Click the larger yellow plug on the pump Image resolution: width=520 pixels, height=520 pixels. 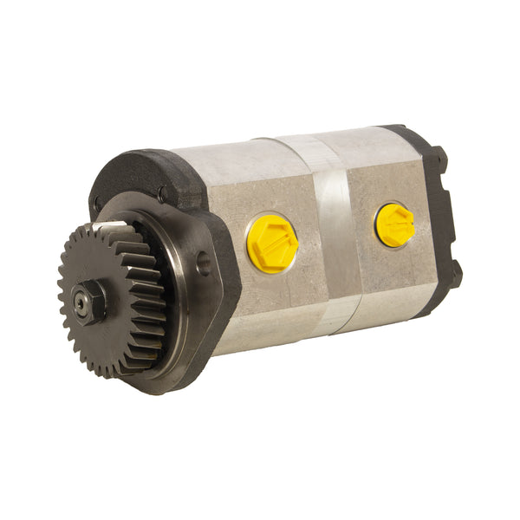272,244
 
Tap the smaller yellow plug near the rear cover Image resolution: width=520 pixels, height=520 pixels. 394,224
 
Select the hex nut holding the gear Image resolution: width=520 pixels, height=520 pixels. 90,302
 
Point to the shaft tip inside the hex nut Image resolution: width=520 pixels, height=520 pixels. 83,303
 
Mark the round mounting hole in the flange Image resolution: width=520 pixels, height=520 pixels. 204,263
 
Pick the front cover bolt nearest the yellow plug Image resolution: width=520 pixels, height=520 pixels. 161,196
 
